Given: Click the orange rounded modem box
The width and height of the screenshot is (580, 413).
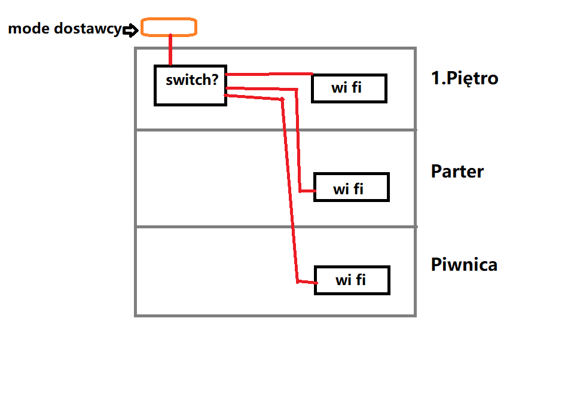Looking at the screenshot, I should (168, 27).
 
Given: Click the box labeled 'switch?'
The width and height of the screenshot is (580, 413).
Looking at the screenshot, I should (190, 85).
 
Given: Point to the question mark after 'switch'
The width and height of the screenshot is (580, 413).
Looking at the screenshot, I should (215, 79).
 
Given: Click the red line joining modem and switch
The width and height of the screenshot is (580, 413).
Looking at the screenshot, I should (170, 50).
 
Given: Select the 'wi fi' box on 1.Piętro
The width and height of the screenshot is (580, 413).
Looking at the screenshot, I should (349, 88).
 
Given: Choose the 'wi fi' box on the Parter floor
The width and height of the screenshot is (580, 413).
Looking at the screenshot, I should (351, 187).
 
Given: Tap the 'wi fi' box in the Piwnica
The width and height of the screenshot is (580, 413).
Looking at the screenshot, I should (352, 280).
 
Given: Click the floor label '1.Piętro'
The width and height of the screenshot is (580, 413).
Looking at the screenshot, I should (465, 78).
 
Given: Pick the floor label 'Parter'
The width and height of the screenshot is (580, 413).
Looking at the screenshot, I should (457, 172).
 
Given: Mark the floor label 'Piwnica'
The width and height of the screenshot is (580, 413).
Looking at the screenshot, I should (464, 265).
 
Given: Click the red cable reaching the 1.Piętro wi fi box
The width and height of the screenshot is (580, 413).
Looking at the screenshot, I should (269, 74).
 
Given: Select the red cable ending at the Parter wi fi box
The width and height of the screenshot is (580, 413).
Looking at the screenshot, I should (299, 143).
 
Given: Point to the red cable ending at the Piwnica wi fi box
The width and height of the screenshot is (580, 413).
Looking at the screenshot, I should (289, 191).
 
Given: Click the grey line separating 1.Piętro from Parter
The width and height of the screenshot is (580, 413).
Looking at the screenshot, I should (275, 130).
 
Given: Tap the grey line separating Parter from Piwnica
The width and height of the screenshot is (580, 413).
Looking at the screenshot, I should (275, 227).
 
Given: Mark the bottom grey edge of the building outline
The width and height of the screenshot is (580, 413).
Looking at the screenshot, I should (275, 315).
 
